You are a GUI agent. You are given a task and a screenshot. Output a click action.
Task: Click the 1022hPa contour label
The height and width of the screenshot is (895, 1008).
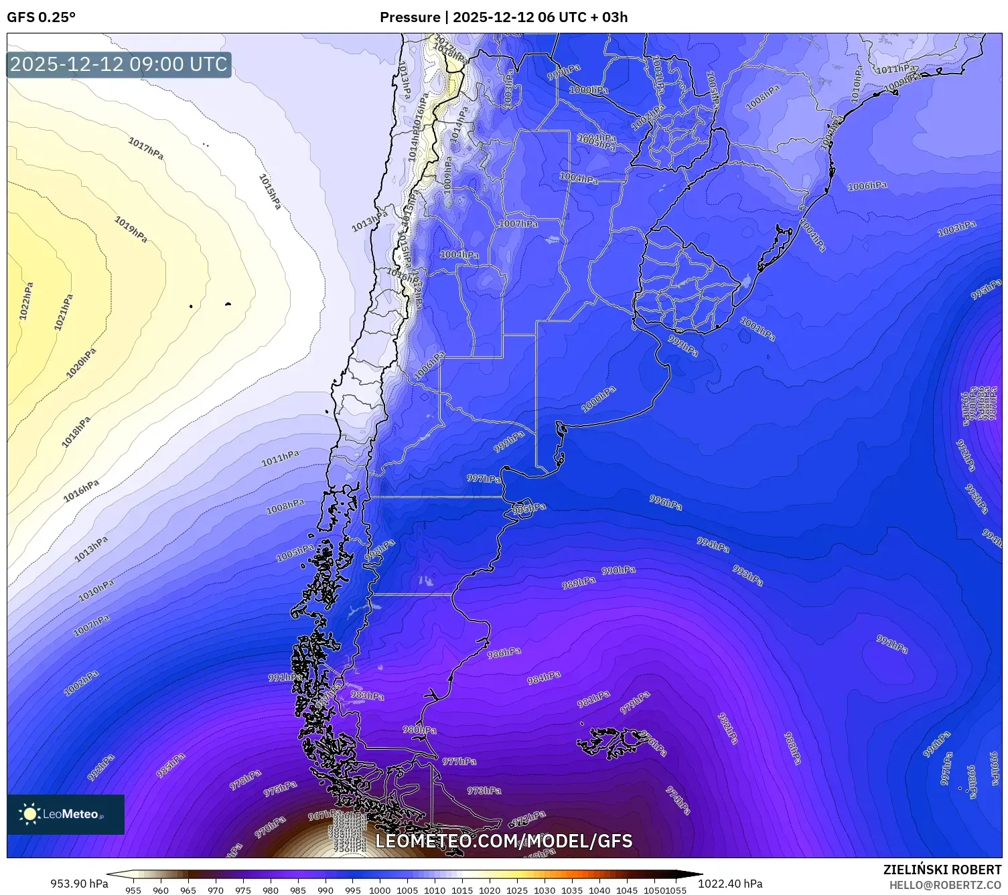pyautogui.click(x=25, y=301)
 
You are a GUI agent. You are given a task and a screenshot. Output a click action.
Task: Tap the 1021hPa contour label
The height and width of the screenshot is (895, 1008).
pyautogui.click(x=64, y=312)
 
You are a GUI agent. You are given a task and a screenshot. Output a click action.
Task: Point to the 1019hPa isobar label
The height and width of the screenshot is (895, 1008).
pyautogui.click(x=131, y=230)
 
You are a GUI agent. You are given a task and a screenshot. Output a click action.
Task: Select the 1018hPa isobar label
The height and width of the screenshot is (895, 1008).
pyautogui.click(x=76, y=432)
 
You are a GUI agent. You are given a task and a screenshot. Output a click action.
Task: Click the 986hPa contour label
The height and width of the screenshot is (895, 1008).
pyautogui.click(x=504, y=653)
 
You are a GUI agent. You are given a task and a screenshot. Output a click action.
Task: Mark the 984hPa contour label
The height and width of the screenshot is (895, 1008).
pyautogui.click(x=543, y=678)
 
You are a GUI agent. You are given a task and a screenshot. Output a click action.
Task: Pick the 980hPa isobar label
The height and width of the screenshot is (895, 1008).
pyautogui.click(x=419, y=730)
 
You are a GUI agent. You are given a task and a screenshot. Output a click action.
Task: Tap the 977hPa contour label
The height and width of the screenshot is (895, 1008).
pyautogui.click(x=459, y=761)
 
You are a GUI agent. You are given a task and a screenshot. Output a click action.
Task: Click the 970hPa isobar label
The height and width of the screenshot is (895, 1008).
pyautogui.click(x=270, y=827)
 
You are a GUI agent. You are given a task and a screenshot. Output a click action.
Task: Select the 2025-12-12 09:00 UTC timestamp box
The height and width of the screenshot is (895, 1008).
pyautogui.click(x=119, y=64)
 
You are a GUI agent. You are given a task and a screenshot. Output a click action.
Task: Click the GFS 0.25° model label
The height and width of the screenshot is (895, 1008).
pyautogui.click(x=41, y=17)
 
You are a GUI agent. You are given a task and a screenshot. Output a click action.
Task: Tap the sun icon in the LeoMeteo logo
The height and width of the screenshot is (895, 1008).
pyautogui.click(x=29, y=814)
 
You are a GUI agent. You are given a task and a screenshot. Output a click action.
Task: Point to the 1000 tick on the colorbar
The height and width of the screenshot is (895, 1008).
pyautogui.click(x=380, y=890)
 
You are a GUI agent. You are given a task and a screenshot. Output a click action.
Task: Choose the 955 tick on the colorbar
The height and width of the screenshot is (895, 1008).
pyautogui.click(x=133, y=890)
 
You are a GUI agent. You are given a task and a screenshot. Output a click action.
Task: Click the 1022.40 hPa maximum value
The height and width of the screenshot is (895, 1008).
pyautogui.click(x=730, y=884)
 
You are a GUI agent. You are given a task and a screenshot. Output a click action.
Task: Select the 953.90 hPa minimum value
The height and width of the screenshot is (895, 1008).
pyautogui.click(x=79, y=884)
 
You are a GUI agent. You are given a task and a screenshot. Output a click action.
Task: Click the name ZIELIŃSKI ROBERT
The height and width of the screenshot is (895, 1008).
pyautogui.click(x=942, y=870)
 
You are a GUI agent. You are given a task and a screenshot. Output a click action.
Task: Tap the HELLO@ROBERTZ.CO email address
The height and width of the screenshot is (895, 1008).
pyautogui.click(x=945, y=885)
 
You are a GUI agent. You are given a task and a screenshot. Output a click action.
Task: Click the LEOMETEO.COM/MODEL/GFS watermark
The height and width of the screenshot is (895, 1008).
pyautogui.click(x=504, y=841)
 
